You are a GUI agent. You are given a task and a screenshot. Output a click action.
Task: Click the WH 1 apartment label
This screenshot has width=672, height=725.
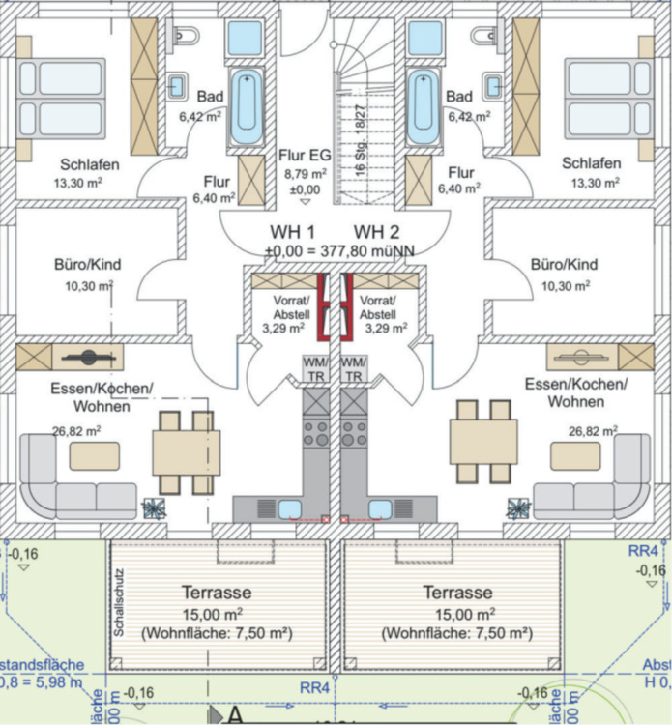click(293, 232)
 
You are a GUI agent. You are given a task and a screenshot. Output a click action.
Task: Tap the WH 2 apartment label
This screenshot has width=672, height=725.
click(376, 232)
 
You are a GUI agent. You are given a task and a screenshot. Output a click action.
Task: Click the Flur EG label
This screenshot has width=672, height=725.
click(305, 155)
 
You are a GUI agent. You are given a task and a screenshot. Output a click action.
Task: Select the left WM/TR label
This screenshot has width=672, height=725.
click(316, 368)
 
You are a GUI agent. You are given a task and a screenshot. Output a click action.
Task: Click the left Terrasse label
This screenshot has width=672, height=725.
click(217, 592)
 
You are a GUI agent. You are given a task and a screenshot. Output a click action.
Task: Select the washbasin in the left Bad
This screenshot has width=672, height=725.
click(177, 86)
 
